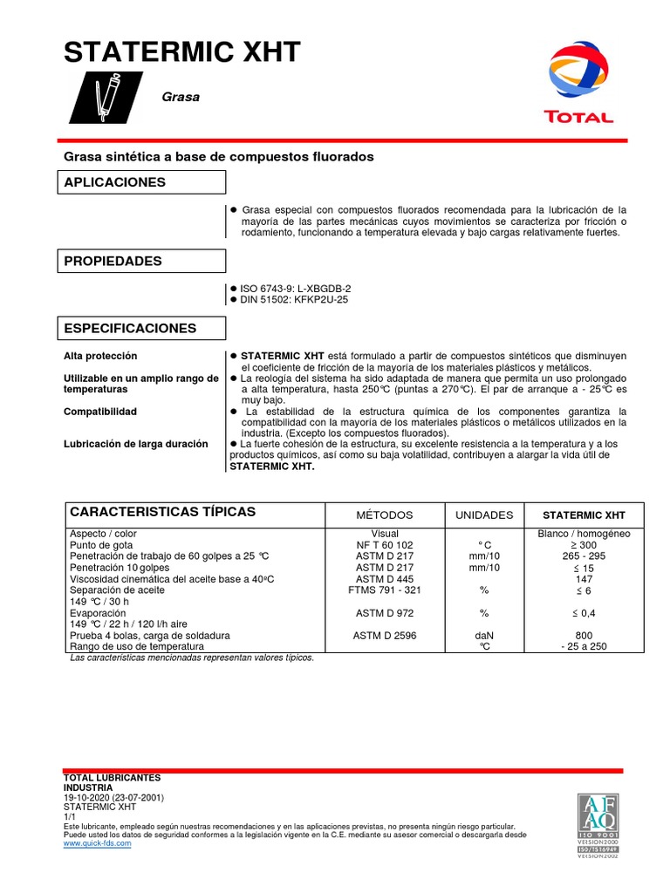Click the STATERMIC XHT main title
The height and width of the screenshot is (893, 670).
[182, 53]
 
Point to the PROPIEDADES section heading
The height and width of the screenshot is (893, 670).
[112, 262]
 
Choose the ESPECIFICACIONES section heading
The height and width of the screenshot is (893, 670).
[130, 329]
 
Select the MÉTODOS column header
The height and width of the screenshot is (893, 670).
[385, 515]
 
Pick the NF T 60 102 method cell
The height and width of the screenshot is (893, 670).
[385, 544]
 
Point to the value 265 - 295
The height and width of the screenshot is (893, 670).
[585, 556]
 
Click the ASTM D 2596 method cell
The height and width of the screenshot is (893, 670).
[385, 636]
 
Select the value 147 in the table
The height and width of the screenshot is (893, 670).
[585, 578]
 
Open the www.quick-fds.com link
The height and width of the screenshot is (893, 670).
[98, 843]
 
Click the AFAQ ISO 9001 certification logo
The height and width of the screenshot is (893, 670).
[598, 824]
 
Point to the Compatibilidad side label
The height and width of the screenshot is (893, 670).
[100, 412]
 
